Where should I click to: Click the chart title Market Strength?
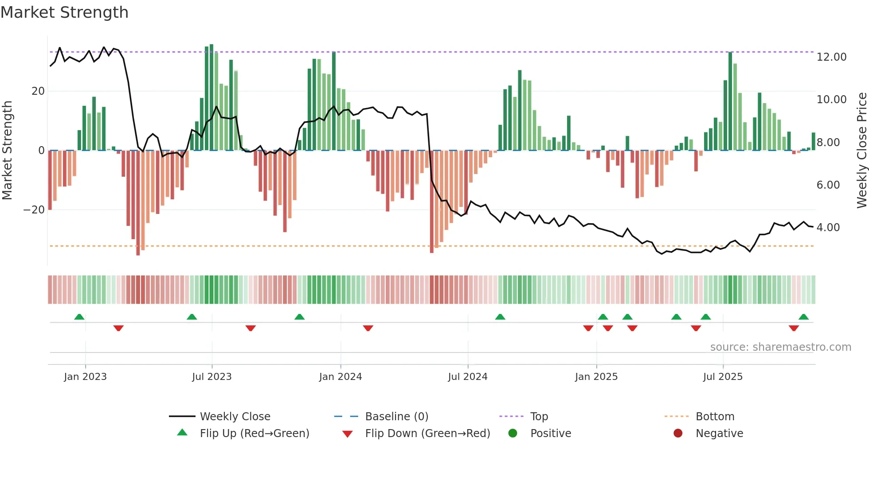pos(65,12)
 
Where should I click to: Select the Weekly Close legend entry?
pos(235,416)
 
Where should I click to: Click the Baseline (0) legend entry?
pos(396,416)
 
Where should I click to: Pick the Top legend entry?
pos(539,416)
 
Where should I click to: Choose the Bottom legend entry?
pos(715,416)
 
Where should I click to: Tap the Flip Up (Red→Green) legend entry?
pos(254,433)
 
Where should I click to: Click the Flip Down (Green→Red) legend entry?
pos(427,433)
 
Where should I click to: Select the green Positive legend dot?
pos(513,433)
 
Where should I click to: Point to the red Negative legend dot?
pos(678,433)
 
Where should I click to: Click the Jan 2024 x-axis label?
pos(341,377)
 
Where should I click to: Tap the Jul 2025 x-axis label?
pos(723,377)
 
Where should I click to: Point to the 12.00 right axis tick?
pos(831,57)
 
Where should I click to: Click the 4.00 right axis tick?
pos(828,228)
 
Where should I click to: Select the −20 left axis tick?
pos(34,210)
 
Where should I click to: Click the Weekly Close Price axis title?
pos(861,151)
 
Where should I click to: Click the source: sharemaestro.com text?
pos(780,347)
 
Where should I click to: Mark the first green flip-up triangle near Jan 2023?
pos(79,317)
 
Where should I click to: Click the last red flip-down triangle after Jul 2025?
pos(794,328)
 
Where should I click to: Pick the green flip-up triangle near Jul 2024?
pos(500,317)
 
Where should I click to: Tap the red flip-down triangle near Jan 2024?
pos(368,328)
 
